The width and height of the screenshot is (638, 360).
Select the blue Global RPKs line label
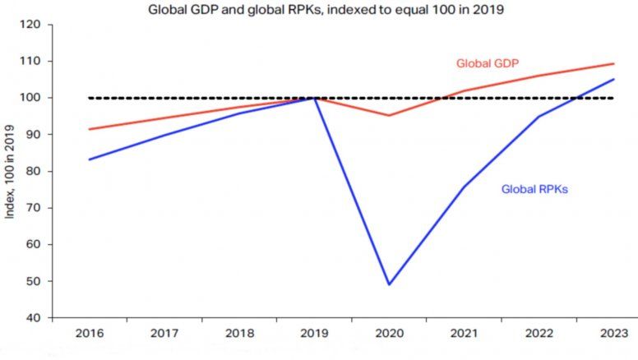[535, 189]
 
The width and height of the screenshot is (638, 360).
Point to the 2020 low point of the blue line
[389, 284]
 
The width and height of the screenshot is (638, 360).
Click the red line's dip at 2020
[389, 115]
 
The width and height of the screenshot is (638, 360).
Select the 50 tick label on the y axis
[32, 281]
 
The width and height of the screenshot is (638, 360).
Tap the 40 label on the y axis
[32, 318]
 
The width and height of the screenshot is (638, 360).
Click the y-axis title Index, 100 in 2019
[11, 170]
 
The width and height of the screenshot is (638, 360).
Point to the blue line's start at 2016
[89, 159]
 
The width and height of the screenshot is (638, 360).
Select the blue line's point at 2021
[464, 187]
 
